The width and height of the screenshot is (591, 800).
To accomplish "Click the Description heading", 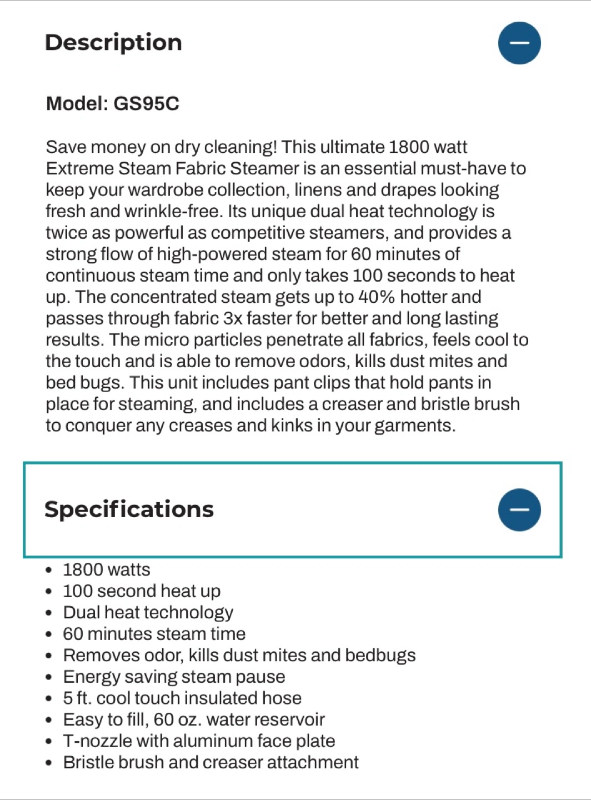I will click(x=113, y=43).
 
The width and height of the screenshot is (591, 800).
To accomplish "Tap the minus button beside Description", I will click(x=519, y=43).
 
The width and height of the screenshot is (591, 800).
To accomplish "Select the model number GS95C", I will click(x=146, y=104).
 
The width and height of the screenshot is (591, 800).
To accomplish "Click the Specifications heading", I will click(x=129, y=509).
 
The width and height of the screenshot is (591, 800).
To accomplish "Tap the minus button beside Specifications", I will click(x=519, y=510).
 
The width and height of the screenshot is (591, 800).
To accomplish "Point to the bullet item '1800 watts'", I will click(x=107, y=570).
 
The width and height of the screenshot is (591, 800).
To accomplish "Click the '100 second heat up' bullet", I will click(x=142, y=591).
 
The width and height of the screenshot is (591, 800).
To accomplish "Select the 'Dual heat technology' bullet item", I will click(x=148, y=613).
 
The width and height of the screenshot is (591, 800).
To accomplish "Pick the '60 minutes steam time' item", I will click(x=154, y=634).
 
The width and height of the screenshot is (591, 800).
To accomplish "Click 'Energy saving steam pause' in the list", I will click(x=174, y=677).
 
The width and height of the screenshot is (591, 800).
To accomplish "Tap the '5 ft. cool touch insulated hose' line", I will click(x=182, y=698).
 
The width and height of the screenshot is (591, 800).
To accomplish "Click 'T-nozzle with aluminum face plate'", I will click(x=199, y=741).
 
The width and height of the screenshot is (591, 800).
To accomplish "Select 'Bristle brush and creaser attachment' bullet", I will click(x=211, y=763).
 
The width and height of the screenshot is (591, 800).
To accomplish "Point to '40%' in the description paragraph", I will click(x=376, y=297).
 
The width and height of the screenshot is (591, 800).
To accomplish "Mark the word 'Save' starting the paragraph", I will click(x=66, y=147).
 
